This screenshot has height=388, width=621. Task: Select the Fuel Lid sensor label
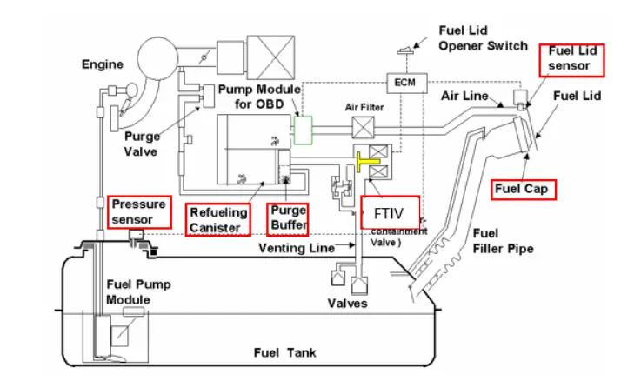point(571,58)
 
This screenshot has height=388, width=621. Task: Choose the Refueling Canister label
point(218,219)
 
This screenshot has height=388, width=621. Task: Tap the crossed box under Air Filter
point(363,130)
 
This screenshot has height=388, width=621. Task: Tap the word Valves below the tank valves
point(348,303)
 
